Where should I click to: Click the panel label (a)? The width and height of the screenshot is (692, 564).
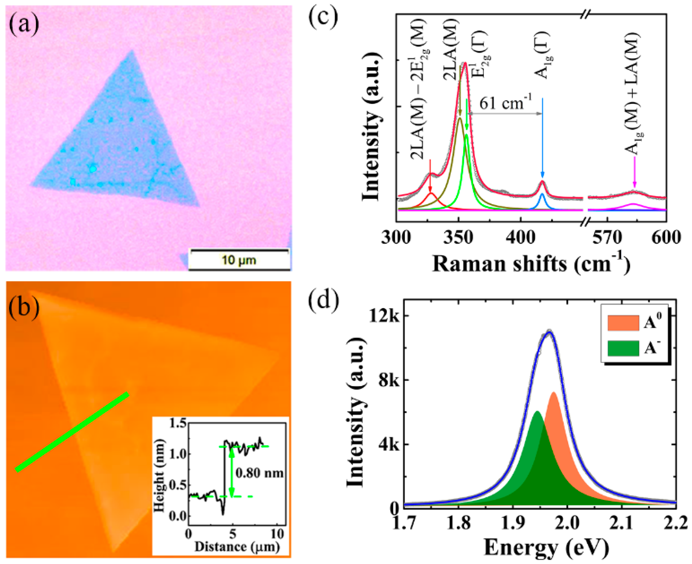point(24,25)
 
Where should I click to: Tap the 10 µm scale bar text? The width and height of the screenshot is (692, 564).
point(239,260)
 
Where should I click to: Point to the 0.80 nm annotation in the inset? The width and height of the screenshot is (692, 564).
point(259,473)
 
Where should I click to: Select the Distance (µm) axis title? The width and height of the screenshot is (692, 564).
point(237,547)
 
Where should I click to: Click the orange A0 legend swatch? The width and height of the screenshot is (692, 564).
point(623,323)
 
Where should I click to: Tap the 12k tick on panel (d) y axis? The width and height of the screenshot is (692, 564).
point(384,316)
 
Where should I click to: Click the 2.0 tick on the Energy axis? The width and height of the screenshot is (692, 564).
point(567,523)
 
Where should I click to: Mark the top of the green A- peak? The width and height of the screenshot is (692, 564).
point(537,412)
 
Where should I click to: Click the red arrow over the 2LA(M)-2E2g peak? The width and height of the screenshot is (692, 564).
point(430,176)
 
